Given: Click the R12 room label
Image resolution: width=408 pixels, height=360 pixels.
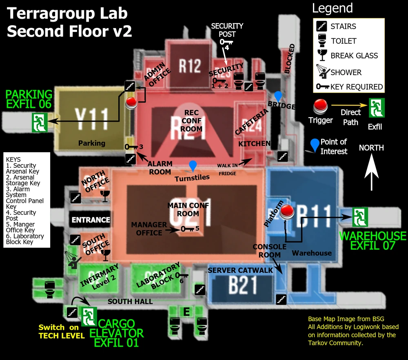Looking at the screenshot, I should [x=190, y=65].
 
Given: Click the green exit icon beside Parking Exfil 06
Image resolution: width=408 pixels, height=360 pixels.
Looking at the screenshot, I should [x=40, y=122].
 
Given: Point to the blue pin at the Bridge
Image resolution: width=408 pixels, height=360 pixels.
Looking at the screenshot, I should [x=278, y=96].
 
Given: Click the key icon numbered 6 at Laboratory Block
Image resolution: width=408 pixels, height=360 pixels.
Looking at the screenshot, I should [x=182, y=276].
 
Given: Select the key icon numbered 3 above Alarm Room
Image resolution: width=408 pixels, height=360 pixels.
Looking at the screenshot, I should [x=132, y=147].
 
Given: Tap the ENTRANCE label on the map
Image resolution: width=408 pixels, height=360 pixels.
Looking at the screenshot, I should [x=91, y=220].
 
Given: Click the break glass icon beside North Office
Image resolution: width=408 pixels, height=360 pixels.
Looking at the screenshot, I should [x=105, y=196].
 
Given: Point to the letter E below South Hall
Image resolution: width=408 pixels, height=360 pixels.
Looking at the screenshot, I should [x=186, y=312].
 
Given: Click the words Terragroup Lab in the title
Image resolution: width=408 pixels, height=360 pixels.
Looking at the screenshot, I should [x=67, y=13].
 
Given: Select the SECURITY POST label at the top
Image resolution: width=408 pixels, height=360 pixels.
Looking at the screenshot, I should [x=227, y=30].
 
